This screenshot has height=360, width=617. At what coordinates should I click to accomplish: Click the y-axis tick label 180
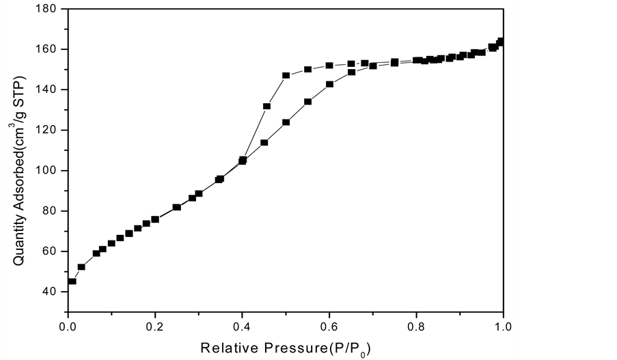[x=51, y=9]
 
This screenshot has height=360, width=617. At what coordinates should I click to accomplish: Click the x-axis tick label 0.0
[x=68, y=327]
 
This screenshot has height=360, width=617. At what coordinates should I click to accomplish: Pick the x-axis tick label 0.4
[x=242, y=327]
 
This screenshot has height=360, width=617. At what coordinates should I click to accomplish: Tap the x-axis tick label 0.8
[x=416, y=327]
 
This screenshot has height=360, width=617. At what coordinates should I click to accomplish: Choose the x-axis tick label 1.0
[x=503, y=327]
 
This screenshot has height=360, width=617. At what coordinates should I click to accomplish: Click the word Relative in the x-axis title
[x=227, y=348]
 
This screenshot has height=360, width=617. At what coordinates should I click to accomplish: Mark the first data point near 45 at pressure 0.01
[x=72, y=281]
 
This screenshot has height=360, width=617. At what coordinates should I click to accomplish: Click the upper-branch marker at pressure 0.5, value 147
[x=286, y=76]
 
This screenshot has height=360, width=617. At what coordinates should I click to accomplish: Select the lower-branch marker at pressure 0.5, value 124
[x=286, y=122]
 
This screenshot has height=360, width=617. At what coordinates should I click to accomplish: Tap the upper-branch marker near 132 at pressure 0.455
[x=266, y=106]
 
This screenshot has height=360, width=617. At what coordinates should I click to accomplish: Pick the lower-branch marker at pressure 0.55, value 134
[x=307, y=102]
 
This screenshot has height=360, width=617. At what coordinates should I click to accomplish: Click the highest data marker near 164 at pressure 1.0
[x=500, y=42]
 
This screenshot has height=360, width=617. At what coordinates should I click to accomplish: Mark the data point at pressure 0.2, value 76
[x=155, y=219]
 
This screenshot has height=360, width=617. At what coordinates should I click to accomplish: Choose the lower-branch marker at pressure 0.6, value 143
[x=329, y=84]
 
